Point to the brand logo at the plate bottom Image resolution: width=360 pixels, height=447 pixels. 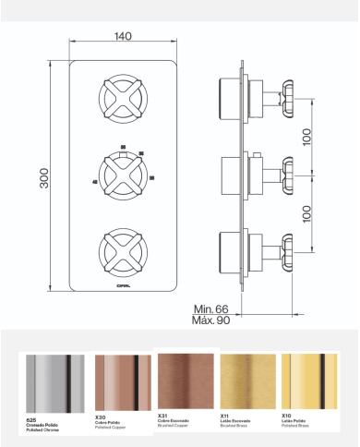(x=122, y=284)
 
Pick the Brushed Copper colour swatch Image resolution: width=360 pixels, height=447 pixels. (x=187, y=381)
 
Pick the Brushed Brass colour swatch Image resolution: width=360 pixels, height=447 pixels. (x=248, y=381)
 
